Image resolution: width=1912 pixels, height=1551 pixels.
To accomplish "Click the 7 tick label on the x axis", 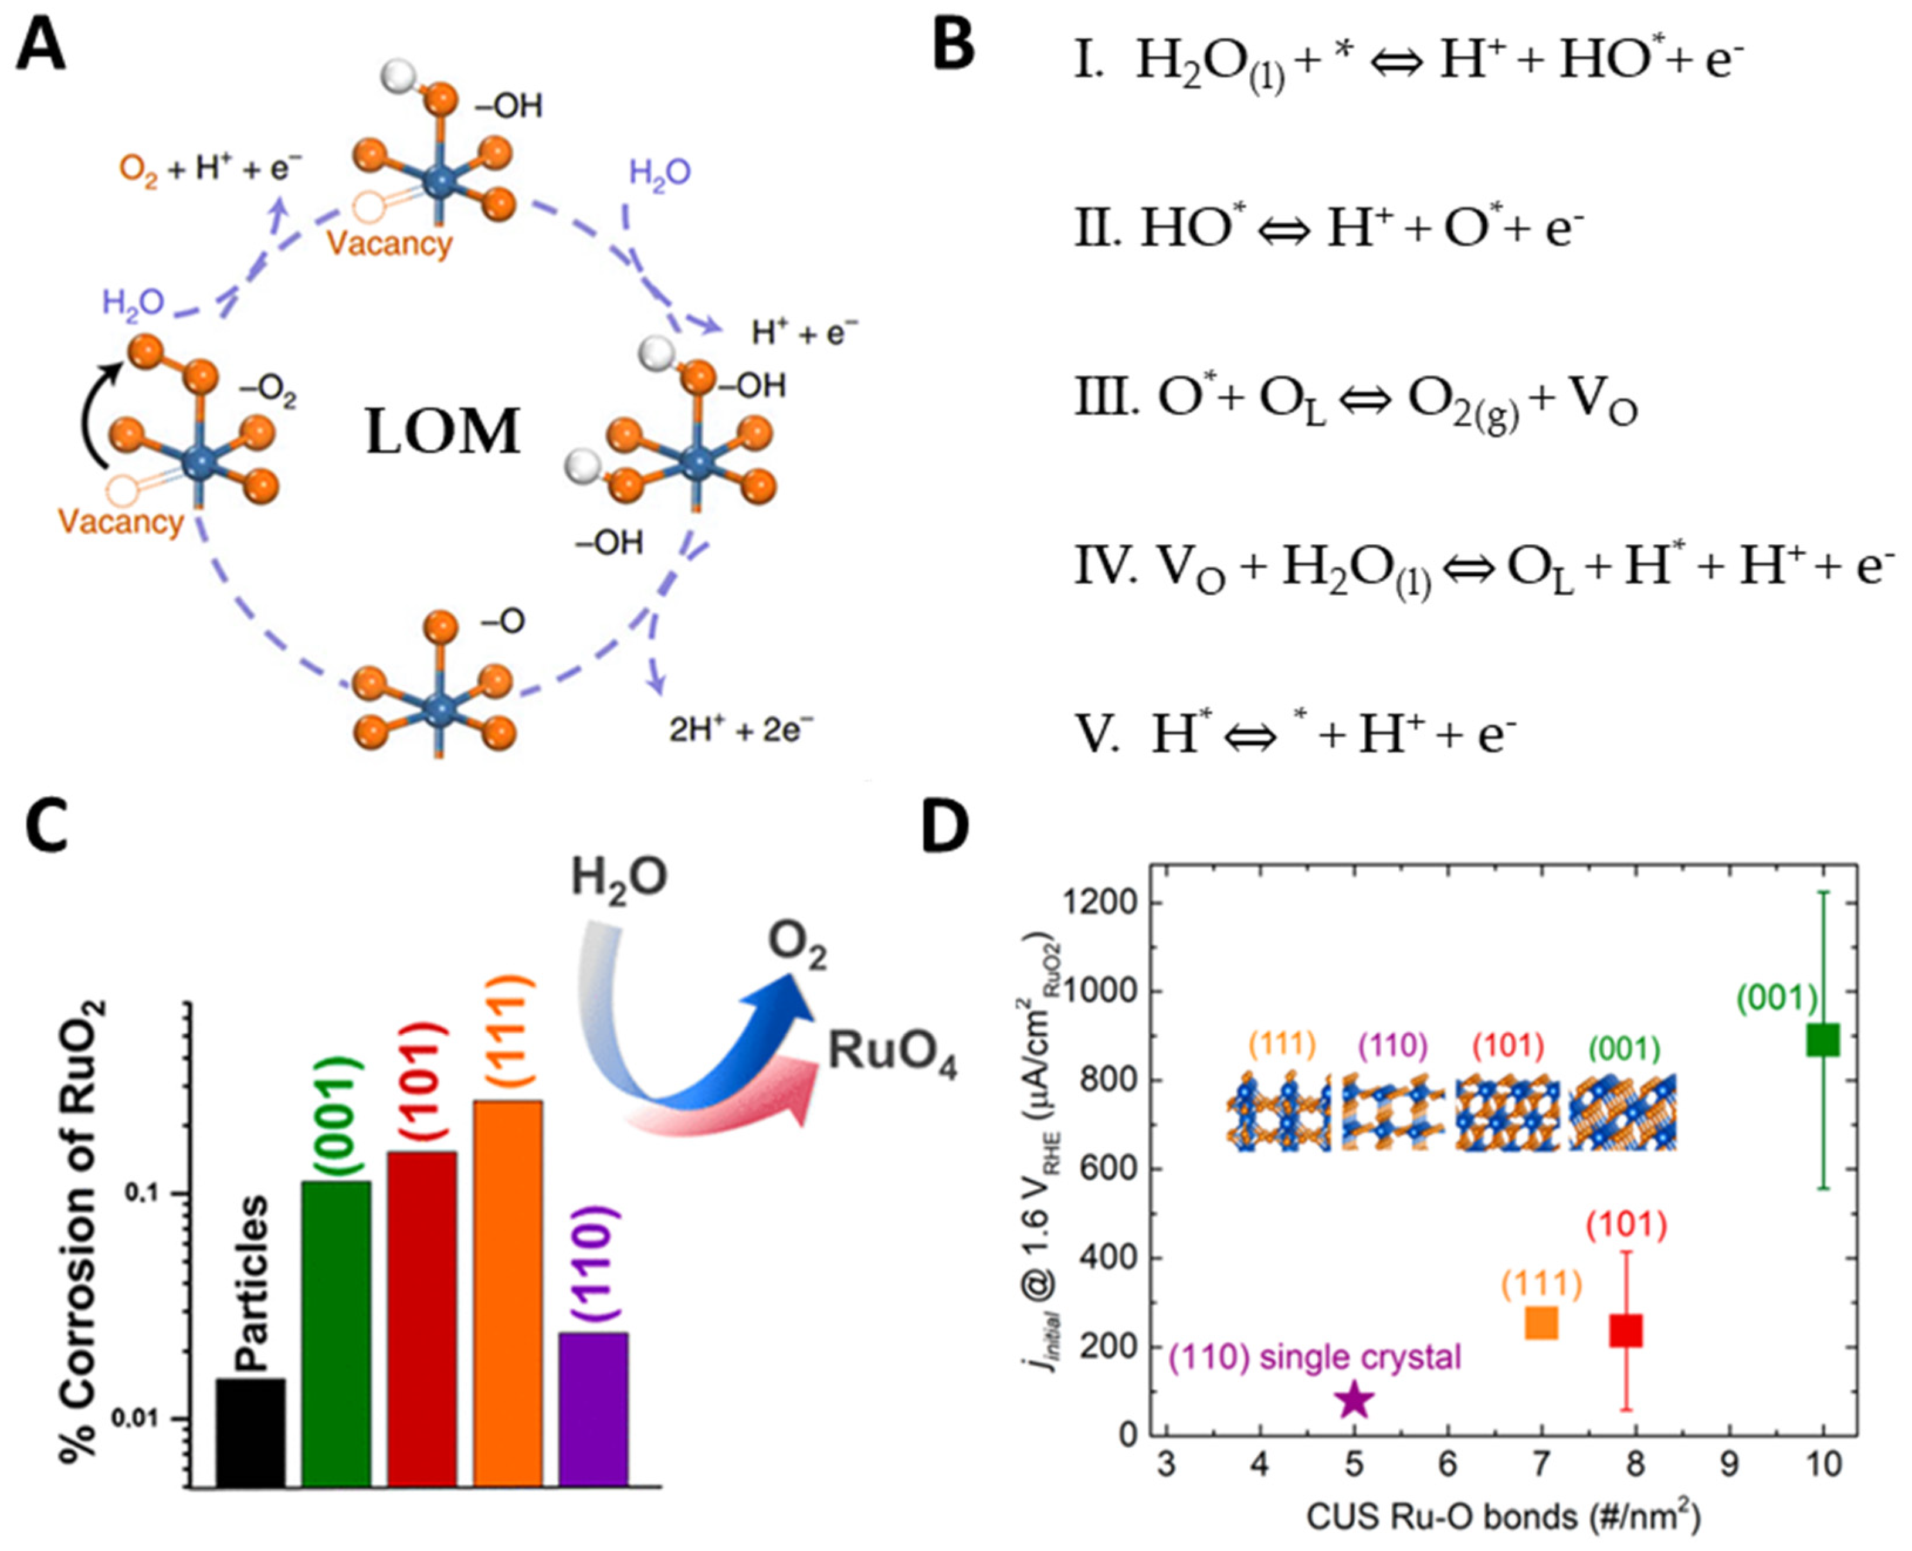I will [x=1541, y=1465].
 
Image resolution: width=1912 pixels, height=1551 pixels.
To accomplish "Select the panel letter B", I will [x=952, y=46].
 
